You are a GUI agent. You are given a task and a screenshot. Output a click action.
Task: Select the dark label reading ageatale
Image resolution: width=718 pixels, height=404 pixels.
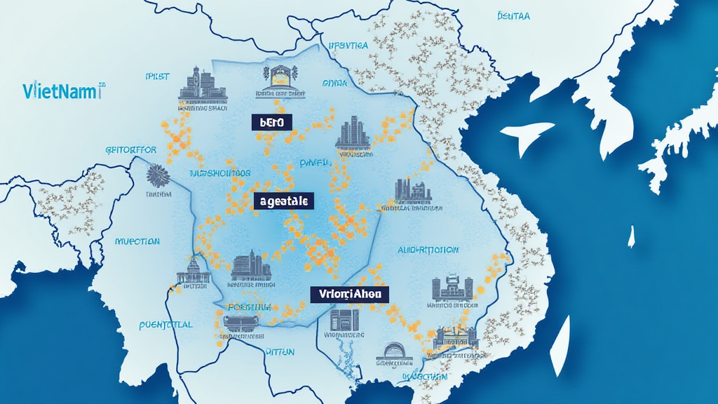[x=283, y=201]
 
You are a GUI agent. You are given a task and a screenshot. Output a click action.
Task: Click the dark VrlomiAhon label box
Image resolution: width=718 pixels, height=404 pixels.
[x=349, y=295]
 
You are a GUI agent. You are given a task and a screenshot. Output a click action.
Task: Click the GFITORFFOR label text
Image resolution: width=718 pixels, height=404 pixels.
[x=130, y=149]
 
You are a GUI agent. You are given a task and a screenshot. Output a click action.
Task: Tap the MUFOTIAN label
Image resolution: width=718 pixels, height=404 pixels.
[x=137, y=241]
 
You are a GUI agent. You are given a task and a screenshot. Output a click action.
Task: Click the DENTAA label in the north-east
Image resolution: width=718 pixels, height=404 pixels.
[x=513, y=15]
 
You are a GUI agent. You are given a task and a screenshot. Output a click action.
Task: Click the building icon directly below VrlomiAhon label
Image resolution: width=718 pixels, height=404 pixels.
[x=344, y=321]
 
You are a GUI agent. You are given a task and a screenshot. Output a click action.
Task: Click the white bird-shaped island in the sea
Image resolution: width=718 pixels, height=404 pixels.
[x=527, y=135]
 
